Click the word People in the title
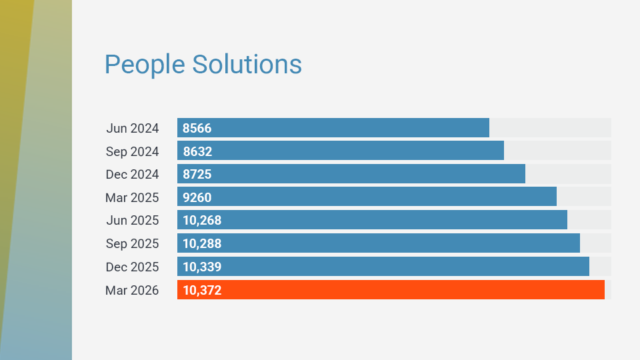coord(145,65)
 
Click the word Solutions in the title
coord(247,65)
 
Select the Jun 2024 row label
coord(132,128)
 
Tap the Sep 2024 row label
coord(132,151)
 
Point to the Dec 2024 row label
coord(132,174)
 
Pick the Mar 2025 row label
coord(132,197)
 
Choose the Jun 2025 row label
coord(132,221)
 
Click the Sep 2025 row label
coord(132,244)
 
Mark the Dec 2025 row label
coord(132,267)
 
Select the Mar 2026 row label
coord(132,290)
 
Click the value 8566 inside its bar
coord(197,128)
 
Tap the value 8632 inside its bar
coord(197,151)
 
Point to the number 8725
coord(197,174)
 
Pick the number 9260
coord(197,197)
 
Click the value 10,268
coord(202,221)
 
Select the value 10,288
coord(202,244)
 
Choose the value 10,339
coord(202,267)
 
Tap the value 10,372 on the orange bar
coord(202,290)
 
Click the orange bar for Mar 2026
coord(391,290)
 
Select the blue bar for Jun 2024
coord(333,128)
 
